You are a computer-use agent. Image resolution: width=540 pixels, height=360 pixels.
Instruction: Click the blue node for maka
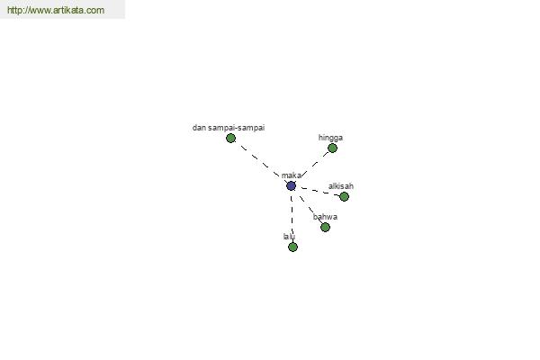pos(291,186)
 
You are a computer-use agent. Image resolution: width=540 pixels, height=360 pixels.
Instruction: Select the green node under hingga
pos(332,148)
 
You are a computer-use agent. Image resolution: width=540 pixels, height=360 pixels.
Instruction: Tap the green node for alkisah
pos(344,197)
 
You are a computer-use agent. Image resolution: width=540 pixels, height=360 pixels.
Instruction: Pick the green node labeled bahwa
pos(325,228)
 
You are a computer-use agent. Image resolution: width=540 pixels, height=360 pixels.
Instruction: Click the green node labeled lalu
pos(292,247)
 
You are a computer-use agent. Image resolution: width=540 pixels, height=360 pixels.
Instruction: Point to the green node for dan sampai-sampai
pos(230,138)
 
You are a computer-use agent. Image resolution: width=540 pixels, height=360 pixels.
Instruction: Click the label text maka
pos(292,175)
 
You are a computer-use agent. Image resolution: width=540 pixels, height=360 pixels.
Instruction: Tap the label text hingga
pos(330,138)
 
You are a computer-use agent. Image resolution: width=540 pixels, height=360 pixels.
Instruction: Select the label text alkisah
pos(341,186)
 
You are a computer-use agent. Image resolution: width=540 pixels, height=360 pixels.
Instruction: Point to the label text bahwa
pos(325,217)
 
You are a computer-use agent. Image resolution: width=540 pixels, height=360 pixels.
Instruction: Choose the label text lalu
pos(289,237)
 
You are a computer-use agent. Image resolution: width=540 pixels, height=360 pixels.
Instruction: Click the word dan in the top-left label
pos(199,128)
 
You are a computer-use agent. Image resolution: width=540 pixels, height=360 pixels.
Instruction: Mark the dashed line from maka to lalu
pos(292,216)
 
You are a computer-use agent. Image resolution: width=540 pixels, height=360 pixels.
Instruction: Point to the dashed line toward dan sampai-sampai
pos(261,162)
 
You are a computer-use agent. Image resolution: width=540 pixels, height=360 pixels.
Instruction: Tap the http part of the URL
pos(13,10)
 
